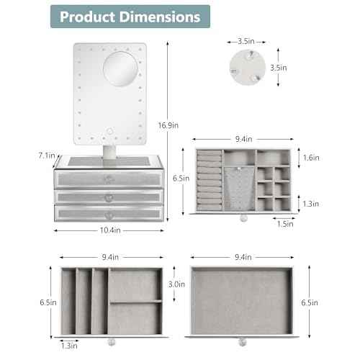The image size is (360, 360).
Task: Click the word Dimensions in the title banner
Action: pos(159,17)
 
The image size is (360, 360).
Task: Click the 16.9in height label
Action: pos(168,125)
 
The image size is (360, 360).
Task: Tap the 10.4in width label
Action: pos(110,230)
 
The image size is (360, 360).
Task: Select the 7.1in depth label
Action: pos(47,156)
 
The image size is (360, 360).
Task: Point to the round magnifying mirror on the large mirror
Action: pos(120,68)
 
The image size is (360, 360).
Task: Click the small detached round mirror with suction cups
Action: pos(248,68)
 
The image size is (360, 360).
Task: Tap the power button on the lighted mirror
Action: pos(110,131)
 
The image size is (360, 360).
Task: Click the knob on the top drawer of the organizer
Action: pos(108,179)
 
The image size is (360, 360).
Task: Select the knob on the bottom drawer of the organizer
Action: pos(108,216)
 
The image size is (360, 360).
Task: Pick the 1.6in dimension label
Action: pos(311,158)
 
